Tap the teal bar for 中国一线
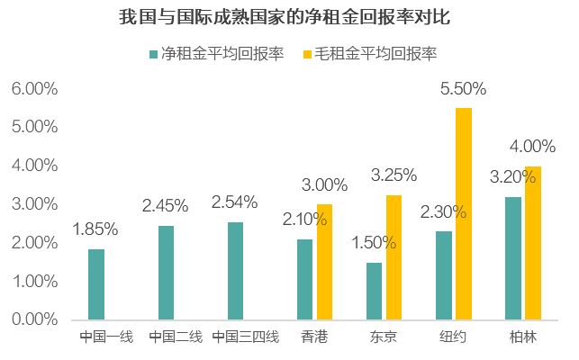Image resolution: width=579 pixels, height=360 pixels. pyautogui.click(x=96, y=283)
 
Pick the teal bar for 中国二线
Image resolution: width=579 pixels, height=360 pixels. pyautogui.click(x=166, y=272)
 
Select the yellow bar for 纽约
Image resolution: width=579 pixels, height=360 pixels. pyautogui.click(x=464, y=213)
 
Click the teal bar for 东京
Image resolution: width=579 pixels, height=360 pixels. pyautogui.click(x=374, y=291)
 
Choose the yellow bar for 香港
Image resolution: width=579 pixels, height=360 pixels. pyautogui.click(x=324, y=261)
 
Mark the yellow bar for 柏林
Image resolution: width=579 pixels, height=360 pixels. pyautogui.click(x=533, y=242)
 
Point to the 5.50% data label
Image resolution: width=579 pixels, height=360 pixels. pyautogui.click(x=463, y=89)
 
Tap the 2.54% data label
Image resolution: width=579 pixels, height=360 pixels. pyautogui.click(x=234, y=202)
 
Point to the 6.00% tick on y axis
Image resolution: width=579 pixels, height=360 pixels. pyautogui.click(x=35, y=89)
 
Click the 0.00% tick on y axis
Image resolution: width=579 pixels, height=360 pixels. pyautogui.click(x=35, y=319)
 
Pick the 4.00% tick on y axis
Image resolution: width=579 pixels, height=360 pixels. pyautogui.click(x=35, y=166)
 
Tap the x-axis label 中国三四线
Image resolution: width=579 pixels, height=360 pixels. pyautogui.click(x=246, y=338)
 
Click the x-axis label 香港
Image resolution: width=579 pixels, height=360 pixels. pyautogui.click(x=314, y=338)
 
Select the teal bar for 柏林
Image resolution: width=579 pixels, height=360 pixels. pyautogui.click(x=512, y=257)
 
